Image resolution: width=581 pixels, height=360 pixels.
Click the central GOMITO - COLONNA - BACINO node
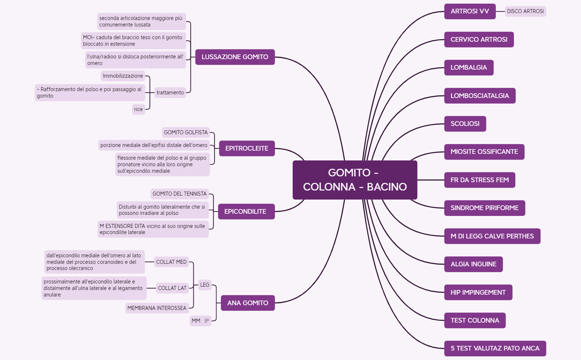click(x=355, y=180)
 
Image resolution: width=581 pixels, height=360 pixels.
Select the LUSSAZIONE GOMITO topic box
click(x=235, y=57)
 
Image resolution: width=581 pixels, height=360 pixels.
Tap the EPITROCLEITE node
click(x=247, y=148)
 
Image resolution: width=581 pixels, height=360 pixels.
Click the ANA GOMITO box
click(x=247, y=303)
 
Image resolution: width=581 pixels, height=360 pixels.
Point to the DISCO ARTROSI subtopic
click(x=525, y=11)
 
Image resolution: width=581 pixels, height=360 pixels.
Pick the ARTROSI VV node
click(x=470, y=11)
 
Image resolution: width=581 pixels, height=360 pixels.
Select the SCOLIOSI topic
click(x=465, y=124)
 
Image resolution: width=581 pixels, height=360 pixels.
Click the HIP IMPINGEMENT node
click(x=478, y=292)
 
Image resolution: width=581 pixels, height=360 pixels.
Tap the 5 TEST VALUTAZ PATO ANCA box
click(x=495, y=348)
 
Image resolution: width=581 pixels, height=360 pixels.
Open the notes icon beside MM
click(x=207, y=321)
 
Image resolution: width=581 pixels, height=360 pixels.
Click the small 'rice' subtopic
click(x=139, y=109)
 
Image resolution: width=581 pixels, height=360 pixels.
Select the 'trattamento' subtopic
click(x=170, y=93)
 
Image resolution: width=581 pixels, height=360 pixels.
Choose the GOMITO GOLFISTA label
click(x=186, y=132)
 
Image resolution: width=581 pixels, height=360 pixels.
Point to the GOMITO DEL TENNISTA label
click(x=180, y=194)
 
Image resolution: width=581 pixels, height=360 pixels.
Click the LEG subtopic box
click(x=205, y=285)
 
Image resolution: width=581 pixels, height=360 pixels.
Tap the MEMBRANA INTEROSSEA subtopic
click(x=157, y=308)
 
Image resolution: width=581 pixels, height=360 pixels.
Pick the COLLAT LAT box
click(x=172, y=288)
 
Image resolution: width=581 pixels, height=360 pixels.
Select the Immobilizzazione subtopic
click(x=123, y=76)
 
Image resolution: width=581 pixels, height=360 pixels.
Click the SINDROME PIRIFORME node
click(x=484, y=208)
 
